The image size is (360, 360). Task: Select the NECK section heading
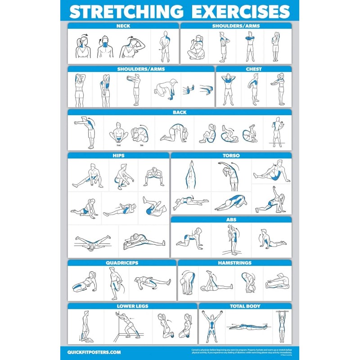[x=123, y=26]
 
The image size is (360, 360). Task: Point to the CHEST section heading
[x=254, y=69]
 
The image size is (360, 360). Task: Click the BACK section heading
[x=180, y=112]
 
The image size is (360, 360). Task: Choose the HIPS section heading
[x=118, y=156]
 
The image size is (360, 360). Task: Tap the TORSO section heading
[x=231, y=156]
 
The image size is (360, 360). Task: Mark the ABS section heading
[x=231, y=220]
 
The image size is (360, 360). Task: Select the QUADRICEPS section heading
[x=121, y=263]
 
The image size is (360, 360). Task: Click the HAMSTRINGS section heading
[x=234, y=263]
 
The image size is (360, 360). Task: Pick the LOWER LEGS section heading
[x=132, y=306]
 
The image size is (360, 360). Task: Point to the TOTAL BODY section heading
[x=245, y=306]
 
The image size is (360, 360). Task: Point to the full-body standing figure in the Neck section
[x=165, y=47]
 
